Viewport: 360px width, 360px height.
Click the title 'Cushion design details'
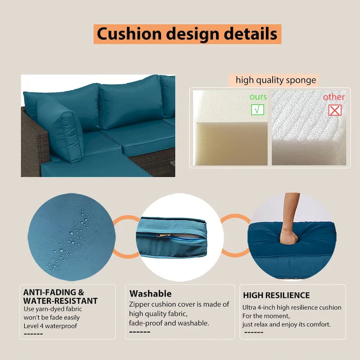click(187, 34)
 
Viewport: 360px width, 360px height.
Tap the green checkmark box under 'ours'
click(257, 109)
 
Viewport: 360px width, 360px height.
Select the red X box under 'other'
click(334, 109)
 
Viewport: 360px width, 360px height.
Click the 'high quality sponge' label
click(276, 81)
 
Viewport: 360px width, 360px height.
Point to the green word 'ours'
click(258, 97)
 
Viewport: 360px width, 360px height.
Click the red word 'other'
click(334, 97)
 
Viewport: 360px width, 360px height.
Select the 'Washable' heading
click(150, 294)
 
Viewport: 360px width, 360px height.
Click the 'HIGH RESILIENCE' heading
click(276, 296)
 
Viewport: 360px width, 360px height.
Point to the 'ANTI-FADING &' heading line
click(54, 292)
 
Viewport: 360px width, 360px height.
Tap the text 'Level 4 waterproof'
click(50, 326)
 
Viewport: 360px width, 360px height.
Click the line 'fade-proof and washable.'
click(169, 323)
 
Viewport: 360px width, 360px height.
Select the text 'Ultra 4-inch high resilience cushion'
click(292, 308)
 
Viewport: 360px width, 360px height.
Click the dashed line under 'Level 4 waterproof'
click(33, 334)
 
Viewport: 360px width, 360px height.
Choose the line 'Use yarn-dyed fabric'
click(53, 309)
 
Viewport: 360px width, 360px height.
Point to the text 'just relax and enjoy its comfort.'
click(287, 324)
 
